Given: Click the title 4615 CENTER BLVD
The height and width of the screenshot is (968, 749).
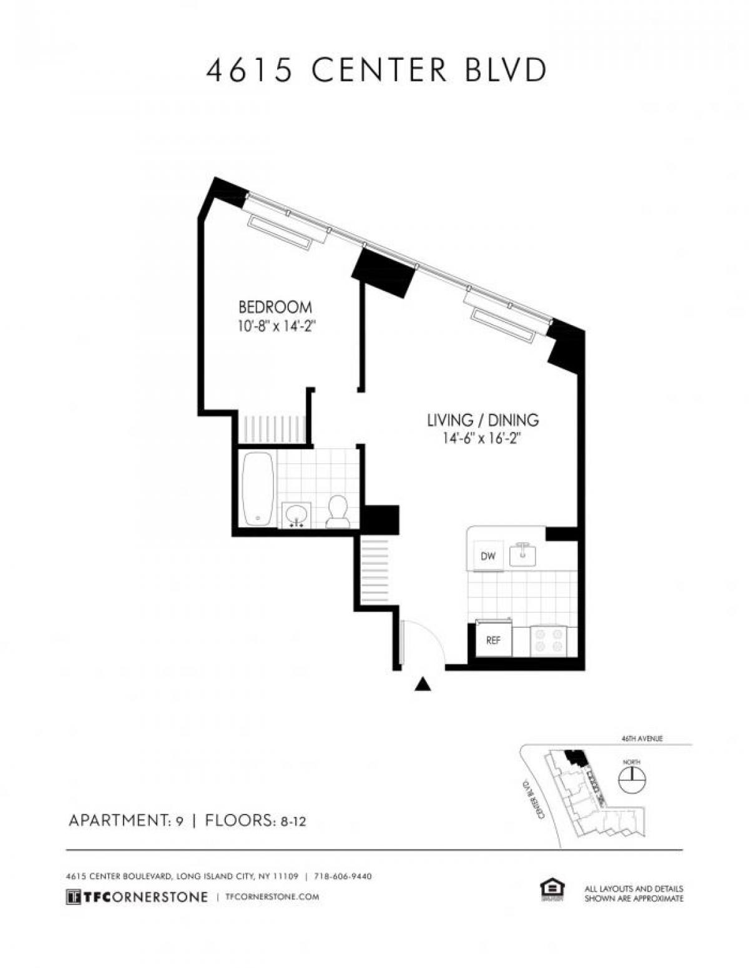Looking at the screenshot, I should point(376,70).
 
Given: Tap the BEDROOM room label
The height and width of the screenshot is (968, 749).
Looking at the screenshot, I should point(275,307).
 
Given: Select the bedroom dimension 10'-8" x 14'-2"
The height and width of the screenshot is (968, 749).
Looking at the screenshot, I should point(275,326).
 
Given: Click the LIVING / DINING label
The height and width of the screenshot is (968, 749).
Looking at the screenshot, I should point(482,420).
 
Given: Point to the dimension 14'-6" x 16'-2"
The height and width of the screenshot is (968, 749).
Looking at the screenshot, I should point(482,439).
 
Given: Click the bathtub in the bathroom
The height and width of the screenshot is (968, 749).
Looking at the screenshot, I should point(257,489).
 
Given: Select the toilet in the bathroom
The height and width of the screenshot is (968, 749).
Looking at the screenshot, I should point(338,511).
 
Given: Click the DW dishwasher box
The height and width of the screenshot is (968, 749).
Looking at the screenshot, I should point(488,555).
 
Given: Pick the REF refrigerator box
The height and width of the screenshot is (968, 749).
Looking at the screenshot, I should point(493,640).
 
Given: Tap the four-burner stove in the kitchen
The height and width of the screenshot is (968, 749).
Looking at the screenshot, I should point(548,641).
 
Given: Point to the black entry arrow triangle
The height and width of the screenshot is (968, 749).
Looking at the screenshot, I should point(423,685).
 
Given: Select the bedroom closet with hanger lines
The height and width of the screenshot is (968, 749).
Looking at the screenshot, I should point(272,429).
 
